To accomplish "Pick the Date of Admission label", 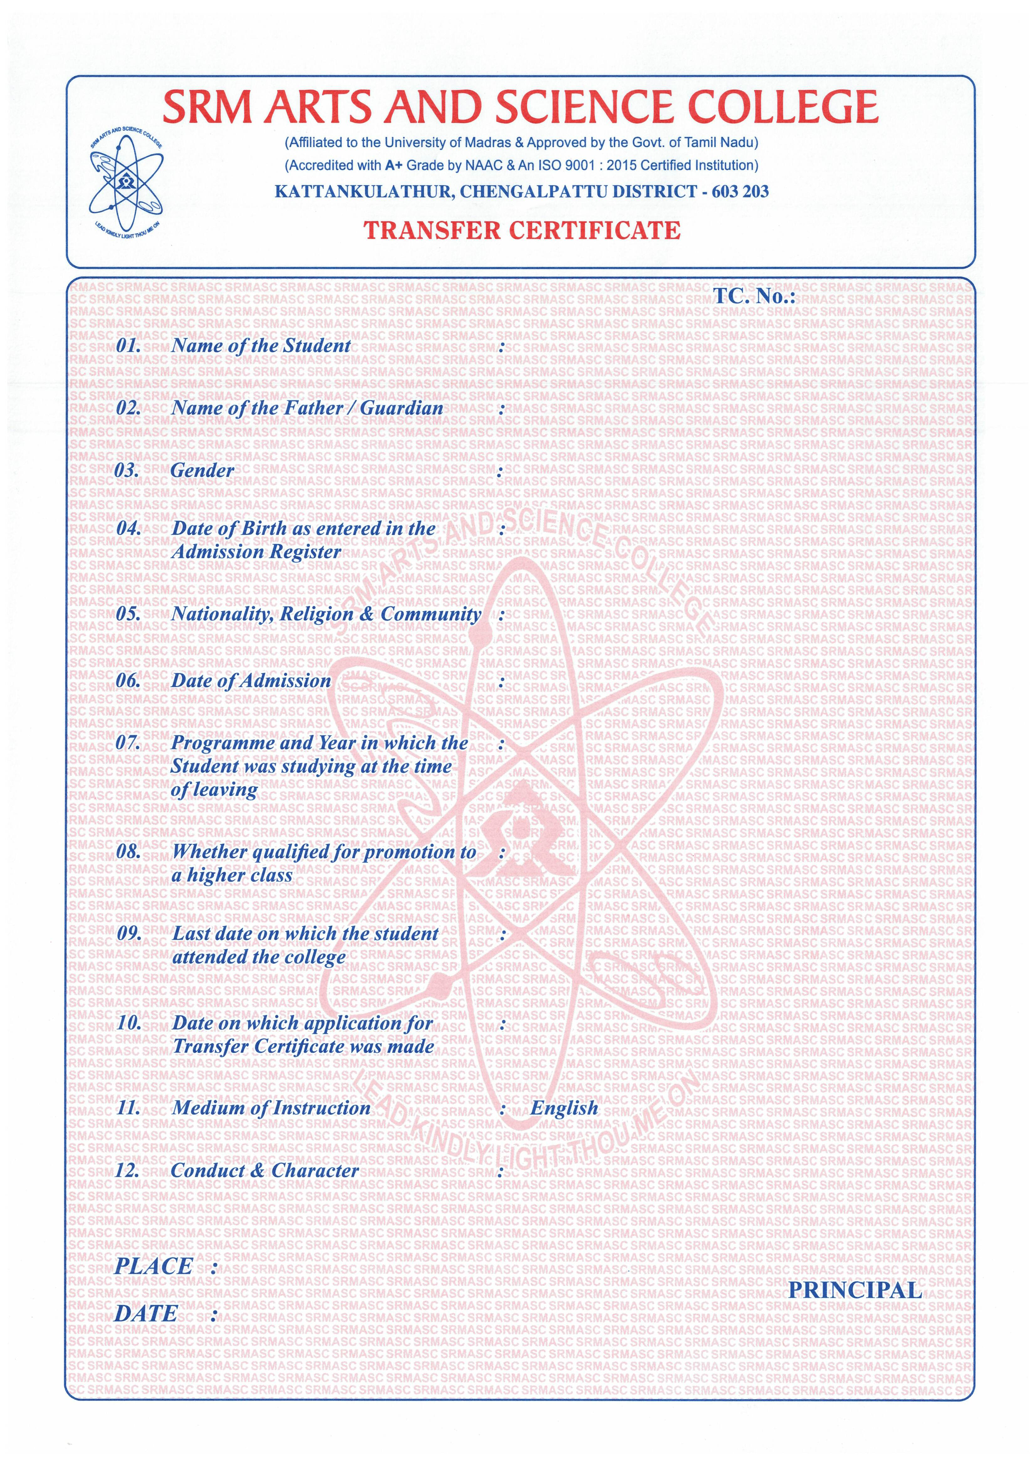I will click(251, 680).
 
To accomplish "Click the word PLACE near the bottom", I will click(153, 1266).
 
